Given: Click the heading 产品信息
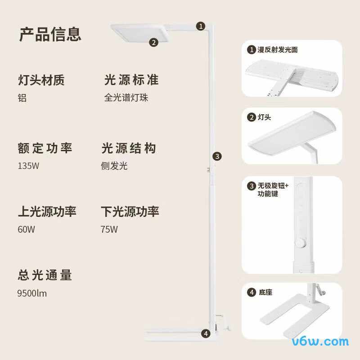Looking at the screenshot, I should pyautogui.click(x=50, y=34).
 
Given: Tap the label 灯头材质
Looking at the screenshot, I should pyautogui.click(x=41, y=80).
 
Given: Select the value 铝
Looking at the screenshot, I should pyautogui.click(x=22, y=98).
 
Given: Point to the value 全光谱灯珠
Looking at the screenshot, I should pyautogui.click(x=126, y=98).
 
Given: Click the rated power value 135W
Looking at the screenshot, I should pyautogui.click(x=28, y=166).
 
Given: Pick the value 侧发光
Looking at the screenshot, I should pyautogui.click(x=114, y=166).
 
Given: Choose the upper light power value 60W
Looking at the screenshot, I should pyautogui.click(x=26, y=229).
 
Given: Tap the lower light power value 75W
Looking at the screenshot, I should pyautogui.click(x=109, y=229).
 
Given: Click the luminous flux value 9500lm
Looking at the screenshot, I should pyautogui.click(x=32, y=293).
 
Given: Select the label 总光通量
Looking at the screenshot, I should pyautogui.click(x=45, y=274).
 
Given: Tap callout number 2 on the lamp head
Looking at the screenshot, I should pyautogui.click(x=153, y=43).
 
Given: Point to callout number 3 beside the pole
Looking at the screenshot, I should pyautogui.click(x=217, y=156).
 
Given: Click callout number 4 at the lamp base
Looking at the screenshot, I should pyautogui.click(x=206, y=333).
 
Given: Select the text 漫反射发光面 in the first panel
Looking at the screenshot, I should pyautogui.click(x=278, y=50).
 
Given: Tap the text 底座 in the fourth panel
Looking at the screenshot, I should pyautogui.click(x=265, y=292).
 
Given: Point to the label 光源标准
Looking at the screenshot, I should pyautogui.click(x=131, y=80).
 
